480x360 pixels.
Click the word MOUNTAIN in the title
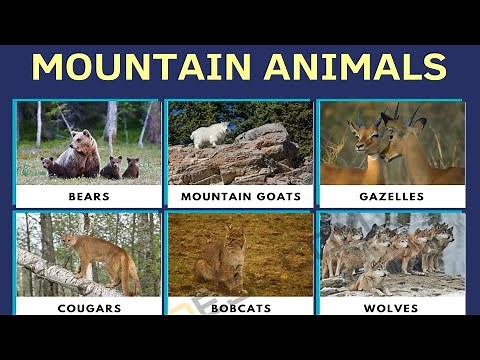(139, 66)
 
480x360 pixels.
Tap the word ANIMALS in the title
(355, 66)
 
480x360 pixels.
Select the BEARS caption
(88, 197)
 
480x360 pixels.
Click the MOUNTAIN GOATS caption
(239, 197)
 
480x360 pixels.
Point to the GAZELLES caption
(391, 197)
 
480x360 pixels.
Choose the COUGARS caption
(88, 308)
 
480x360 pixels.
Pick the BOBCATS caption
(239, 308)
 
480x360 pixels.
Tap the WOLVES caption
(391, 308)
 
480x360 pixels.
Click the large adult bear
(80, 152)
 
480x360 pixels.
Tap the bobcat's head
(233, 239)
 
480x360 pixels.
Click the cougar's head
(69, 241)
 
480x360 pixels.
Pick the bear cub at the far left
(47, 166)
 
